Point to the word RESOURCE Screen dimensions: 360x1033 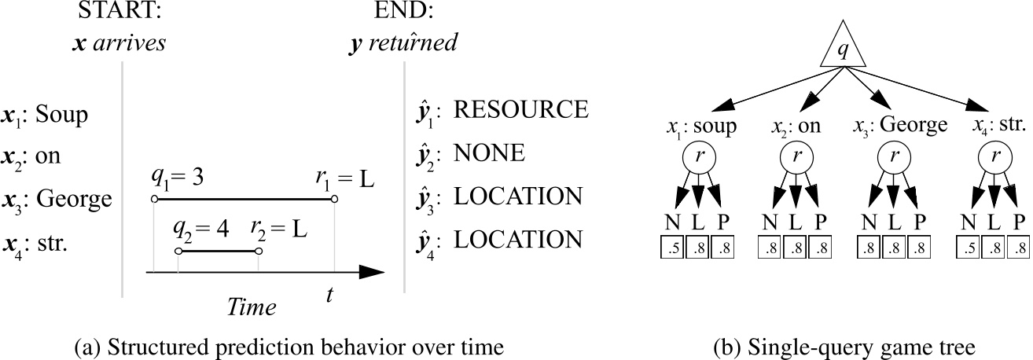tap(520, 109)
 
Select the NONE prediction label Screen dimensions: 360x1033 tap(489, 153)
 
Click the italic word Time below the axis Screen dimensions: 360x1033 tap(252, 307)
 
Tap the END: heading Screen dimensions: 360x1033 tap(403, 13)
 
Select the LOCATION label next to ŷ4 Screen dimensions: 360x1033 tap(519, 239)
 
